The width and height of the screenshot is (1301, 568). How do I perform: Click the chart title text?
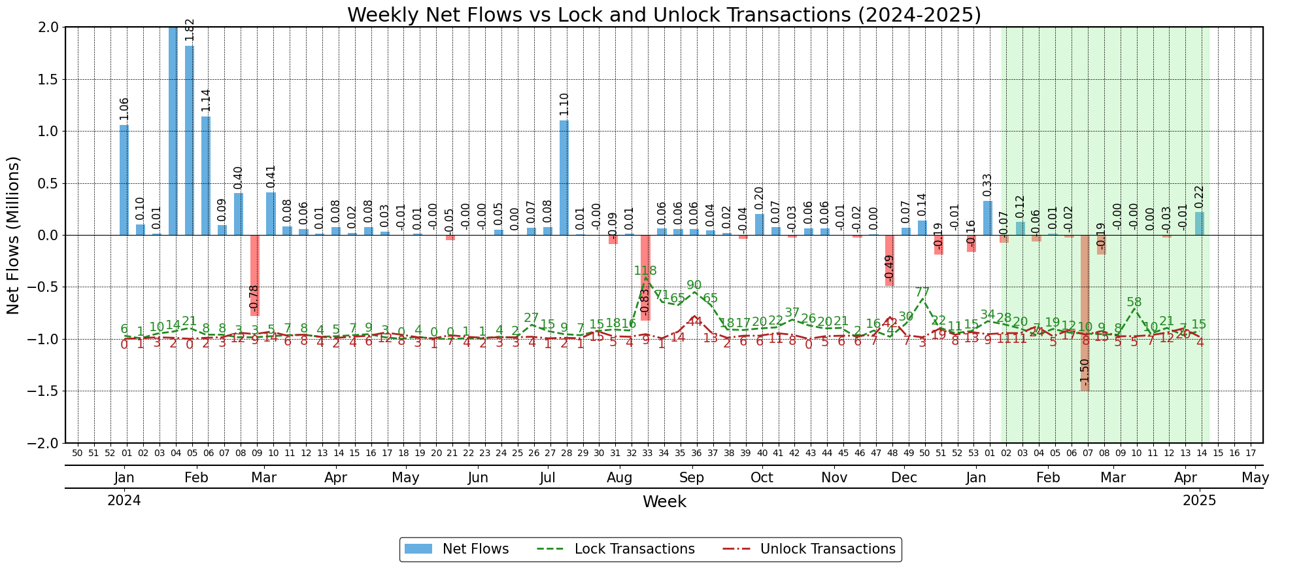click(x=664, y=14)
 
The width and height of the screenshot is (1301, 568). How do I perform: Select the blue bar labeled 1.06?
click(x=124, y=180)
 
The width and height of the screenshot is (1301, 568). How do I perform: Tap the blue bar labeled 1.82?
click(x=190, y=141)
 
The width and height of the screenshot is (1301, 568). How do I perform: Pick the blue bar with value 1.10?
click(x=564, y=178)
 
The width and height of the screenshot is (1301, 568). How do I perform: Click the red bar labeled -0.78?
click(x=255, y=275)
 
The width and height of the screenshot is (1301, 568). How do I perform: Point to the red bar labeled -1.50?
click(x=1085, y=313)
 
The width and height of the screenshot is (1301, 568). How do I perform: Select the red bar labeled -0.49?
click(x=889, y=260)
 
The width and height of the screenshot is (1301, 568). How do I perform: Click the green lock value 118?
click(x=645, y=271)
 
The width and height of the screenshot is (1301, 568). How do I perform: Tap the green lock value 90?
click(x=694, y=285)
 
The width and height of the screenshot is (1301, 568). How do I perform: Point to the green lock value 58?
click(x=1134, y=302)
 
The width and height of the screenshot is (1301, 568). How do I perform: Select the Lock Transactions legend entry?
click(x=616, y=549)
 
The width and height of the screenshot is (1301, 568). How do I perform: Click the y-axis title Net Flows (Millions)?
click(x=14, y=235)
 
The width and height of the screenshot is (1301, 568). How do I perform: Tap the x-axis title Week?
click(x=664, y=502)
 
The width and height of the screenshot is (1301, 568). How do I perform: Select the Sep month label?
click(x=691, y=478)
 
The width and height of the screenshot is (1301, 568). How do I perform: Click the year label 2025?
click(x=1199, y=501)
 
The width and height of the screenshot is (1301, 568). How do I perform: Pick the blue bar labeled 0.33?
click(x=987, y=218)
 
